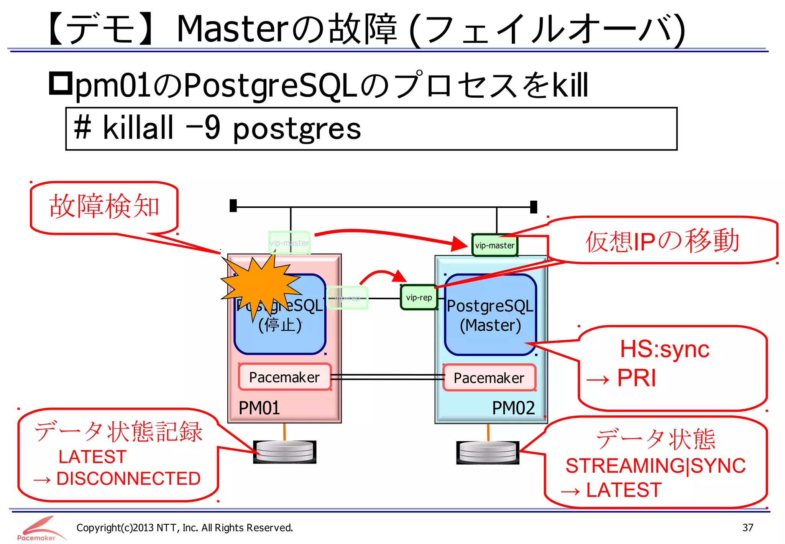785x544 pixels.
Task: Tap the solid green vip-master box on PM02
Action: click(494, 246)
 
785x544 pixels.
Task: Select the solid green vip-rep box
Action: click(419, 298)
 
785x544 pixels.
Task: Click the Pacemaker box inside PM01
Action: click(284, 377)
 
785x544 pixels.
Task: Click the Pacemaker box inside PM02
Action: click(489, 378)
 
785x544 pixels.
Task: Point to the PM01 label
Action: click(259, 408)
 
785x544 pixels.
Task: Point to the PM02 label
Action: click(513, 408)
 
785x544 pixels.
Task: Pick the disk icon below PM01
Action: click(284, 452)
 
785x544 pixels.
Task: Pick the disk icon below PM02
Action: click(488, 452)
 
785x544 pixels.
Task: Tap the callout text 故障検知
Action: click(104, 206)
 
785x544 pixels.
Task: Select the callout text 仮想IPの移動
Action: click(662, 241)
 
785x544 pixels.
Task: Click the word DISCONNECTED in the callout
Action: click(128, 479)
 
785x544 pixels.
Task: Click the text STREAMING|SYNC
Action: click(655, 466)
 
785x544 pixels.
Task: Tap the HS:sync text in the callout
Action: click(665, 349)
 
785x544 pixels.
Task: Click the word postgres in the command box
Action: click(297, 129)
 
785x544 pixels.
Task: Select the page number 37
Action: click(747, 528)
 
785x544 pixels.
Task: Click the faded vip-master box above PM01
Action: click(289, 243)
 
